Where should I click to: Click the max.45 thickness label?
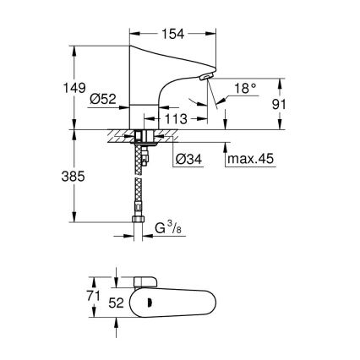tap(255, 159)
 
